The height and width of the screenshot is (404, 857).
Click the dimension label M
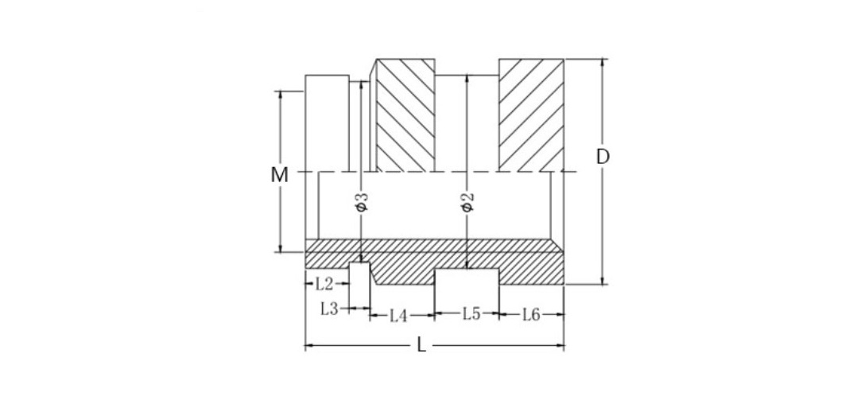coord(279,175)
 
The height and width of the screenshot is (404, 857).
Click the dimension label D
coord(603,157)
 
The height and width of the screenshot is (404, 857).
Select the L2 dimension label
coord(324,283)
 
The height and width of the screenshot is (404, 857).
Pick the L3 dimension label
coord(330,309)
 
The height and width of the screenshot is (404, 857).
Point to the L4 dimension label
coord(398,316)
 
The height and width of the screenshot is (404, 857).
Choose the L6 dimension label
coord(532,316)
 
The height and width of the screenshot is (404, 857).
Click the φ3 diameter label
coord(361,202)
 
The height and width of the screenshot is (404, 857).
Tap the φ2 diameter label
coord(467,202)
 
